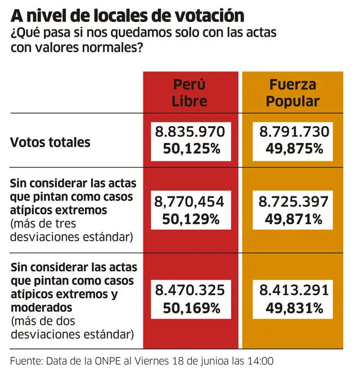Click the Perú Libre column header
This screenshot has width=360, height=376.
pyautogui.click(x=190, y=93)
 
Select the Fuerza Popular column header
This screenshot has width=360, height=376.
pyautogui.click(x=292, y=93)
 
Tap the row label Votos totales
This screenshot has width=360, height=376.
pyautogui.click(x=50, y=142)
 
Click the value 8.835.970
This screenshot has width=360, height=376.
pyautogui.click(x=190, y=132)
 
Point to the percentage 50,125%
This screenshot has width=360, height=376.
pyautogui.click(x=190, y=149)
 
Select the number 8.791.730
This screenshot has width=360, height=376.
pyautogui.click(x=293, y=132)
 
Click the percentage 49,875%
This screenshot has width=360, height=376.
pyautogui.click(x=293, y=149)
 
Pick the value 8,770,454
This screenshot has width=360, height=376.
pyautogui.click(x=190, y=201)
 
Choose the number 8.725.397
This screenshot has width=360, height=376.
pyautogui.click(x=293, y=201)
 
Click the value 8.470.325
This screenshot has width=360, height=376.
pyautogui.click(x=190, y=290)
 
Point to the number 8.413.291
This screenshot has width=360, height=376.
pyautogui.click(x=293, y=290)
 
